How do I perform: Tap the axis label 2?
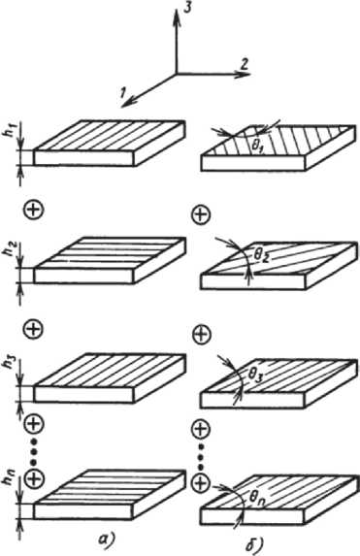coord(245,65)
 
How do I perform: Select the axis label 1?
coord(122,92)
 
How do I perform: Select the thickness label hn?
coord(11,483)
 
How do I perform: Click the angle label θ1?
coord(256,147)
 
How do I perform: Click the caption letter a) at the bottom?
coord(106,540)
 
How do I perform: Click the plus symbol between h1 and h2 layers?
coord(34,210)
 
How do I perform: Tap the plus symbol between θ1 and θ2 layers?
coord(201,214)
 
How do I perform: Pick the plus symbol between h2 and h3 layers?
coord(33,329)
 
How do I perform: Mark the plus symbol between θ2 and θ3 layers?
coord(201,334)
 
